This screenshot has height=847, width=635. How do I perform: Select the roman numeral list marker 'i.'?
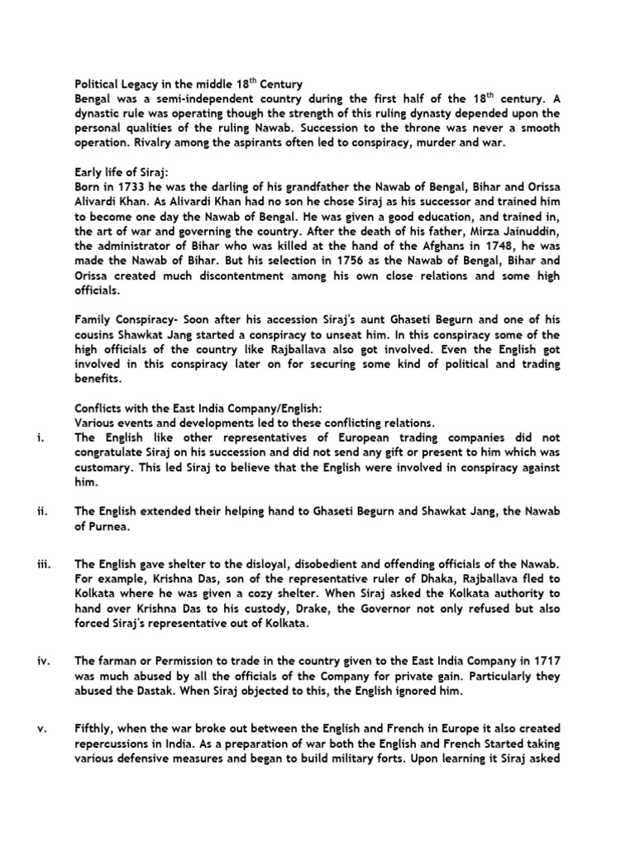tap(41, 438)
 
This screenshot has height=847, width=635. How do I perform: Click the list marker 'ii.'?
tap(42, 512)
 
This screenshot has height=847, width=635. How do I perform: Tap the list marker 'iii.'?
tap(44, 564)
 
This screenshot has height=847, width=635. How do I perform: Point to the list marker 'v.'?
tap(41, 728)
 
